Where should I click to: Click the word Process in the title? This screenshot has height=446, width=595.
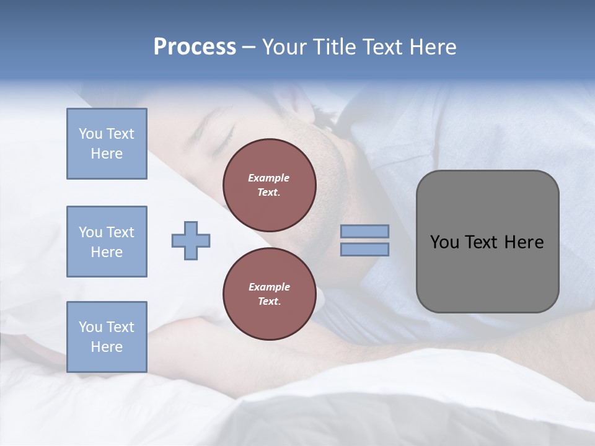[195, 47]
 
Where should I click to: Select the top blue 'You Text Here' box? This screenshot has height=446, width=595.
[107, 144]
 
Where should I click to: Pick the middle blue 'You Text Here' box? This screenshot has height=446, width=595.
[107, 242]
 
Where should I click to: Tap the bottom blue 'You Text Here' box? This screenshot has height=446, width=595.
[107, 336]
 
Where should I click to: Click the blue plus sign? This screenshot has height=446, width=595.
[191, 240]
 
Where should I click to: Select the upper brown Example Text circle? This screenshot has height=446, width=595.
[269, 185]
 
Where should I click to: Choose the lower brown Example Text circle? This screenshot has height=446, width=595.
[269, 294]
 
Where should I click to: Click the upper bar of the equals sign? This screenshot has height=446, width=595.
[364, 232]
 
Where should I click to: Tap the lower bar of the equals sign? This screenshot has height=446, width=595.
[364, 249]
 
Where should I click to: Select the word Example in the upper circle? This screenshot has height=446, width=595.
[269, 178]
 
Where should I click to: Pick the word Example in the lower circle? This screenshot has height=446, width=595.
[269, 287]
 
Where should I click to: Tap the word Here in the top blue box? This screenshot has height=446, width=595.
[107, 154]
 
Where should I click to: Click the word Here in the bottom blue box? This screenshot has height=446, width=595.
[107, 347]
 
